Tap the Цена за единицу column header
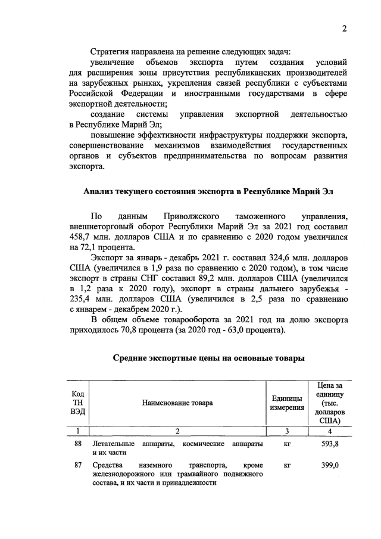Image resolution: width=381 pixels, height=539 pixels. pos(333,403)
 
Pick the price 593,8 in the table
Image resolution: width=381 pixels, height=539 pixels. pos(331,444)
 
